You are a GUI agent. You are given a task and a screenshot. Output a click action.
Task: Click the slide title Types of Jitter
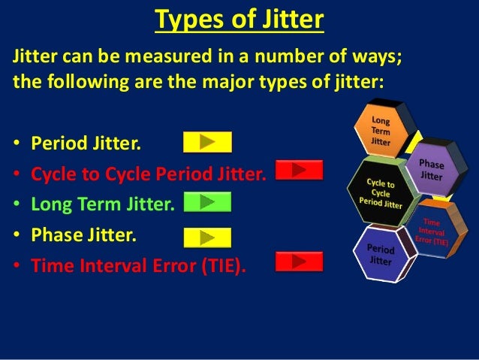click(x=239, y=20)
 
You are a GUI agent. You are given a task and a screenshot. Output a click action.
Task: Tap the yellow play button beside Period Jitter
click(x=207, y=141)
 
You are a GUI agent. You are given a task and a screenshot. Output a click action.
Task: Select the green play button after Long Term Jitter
click(x=207, y=201)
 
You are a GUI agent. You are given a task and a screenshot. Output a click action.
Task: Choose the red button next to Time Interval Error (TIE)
click(x=299, y=261)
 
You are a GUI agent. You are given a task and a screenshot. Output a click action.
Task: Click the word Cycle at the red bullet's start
click(x=51, y=175)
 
